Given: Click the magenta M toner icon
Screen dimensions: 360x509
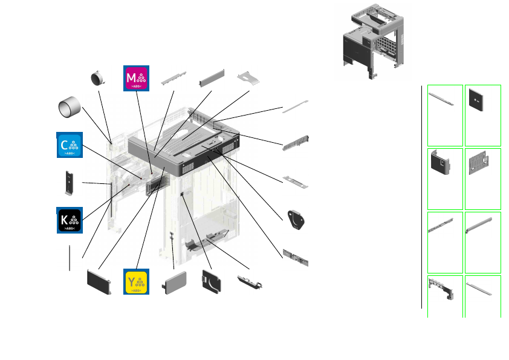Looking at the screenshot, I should click(136, 77).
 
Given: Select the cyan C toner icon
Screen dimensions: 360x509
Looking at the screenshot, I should click(69, 145).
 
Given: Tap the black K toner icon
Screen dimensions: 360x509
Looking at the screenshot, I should click(69, 220).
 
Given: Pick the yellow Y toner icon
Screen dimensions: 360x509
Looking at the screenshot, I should click(136, 282).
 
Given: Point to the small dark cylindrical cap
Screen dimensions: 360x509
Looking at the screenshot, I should click(97, 77).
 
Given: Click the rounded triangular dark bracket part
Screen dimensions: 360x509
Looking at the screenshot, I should click(297, 220).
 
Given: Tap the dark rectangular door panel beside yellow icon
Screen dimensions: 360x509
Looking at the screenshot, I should click(99, 281).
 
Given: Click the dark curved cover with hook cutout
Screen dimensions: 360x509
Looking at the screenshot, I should click(211, 282).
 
